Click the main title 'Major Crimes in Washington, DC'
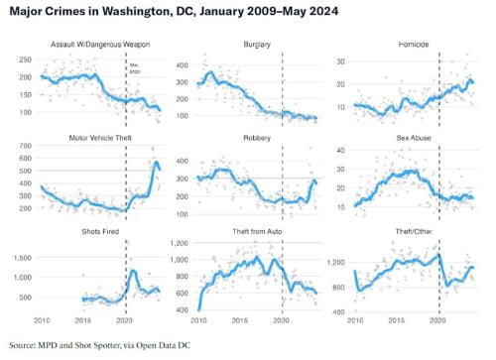(148, 12)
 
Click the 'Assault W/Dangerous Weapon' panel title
(92, 45)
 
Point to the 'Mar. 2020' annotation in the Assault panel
(134, 68)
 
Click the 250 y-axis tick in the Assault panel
(26, 60)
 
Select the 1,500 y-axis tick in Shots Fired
(24, 256)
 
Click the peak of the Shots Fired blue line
(133, 270)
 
